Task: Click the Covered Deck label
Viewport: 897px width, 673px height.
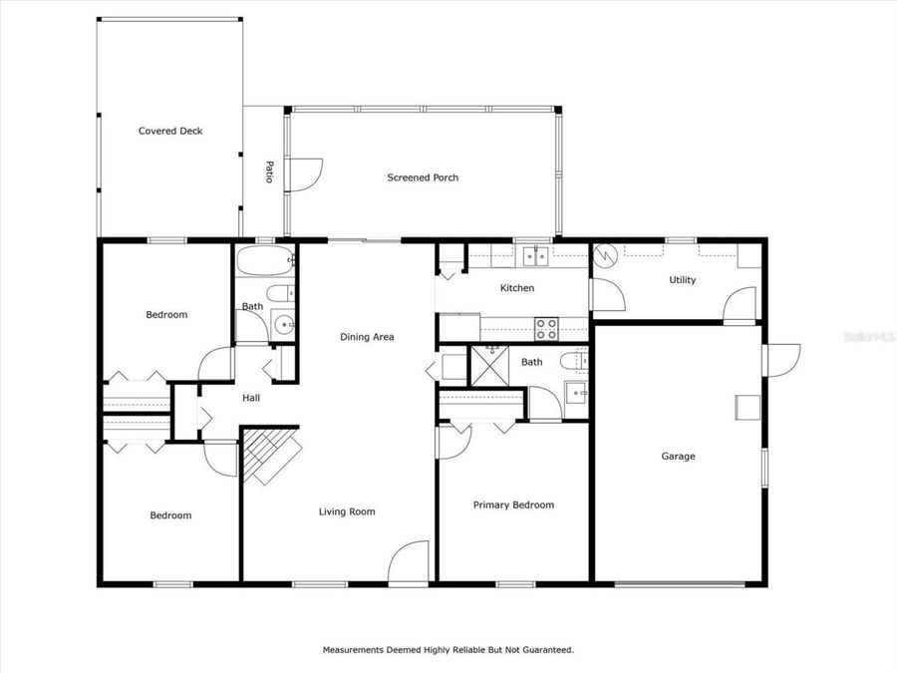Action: [170, 131]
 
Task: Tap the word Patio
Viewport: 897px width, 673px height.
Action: [268, 171]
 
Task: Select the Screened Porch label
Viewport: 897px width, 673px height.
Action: [423, 177]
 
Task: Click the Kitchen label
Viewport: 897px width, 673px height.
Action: [517, 288]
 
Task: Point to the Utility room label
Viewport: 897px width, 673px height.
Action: [682, 280]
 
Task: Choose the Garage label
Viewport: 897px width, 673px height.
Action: [678, 456]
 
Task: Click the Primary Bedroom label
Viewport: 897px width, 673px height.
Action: [513, 505]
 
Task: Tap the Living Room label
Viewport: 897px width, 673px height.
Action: [347, 511]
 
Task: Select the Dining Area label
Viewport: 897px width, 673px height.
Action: [367, 337]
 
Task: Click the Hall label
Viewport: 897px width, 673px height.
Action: [251, 398]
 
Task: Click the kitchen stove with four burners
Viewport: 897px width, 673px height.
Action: [547, 327]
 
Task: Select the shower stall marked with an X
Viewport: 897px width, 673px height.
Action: [491, 356]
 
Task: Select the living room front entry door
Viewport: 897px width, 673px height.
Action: [409, 563]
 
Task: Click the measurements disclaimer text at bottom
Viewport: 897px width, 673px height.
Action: [448, 649]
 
